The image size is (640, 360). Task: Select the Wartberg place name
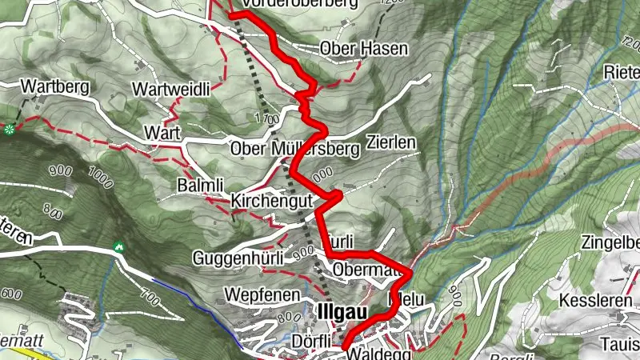53,85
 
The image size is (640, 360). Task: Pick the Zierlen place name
391,142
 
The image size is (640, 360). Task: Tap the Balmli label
198,186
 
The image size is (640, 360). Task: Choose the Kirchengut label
270,201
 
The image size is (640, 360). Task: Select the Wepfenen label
257,293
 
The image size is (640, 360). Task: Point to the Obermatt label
366,268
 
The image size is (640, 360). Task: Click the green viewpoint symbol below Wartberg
9,128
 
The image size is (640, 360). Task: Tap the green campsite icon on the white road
119,246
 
